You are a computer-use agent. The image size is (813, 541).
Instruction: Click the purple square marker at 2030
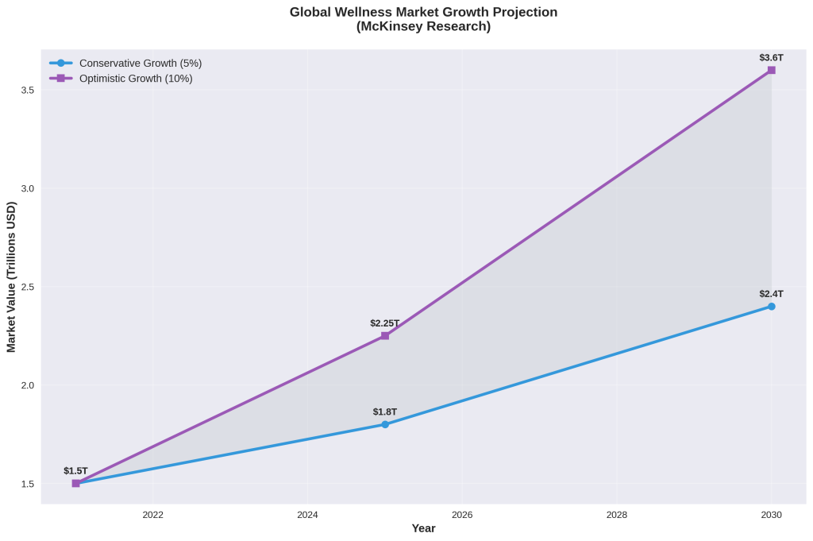771,70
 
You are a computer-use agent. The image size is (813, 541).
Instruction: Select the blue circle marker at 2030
771,306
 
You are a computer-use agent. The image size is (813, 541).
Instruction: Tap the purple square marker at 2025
385,335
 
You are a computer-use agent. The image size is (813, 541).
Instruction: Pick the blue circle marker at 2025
385,424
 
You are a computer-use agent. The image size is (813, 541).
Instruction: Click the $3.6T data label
771,57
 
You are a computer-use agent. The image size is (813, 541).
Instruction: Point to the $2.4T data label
771,294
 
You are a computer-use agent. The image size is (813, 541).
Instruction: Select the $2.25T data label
385,323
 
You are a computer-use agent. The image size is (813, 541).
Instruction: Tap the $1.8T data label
385,412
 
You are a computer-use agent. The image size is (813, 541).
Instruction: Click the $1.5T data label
75,471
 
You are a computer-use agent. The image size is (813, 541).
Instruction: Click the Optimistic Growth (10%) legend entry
136,79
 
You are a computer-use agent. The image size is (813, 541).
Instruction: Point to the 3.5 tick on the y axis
27,90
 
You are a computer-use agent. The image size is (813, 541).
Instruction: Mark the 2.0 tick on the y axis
27,385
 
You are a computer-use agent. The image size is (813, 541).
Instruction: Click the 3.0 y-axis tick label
27,188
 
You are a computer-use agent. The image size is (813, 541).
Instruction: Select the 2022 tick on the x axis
152,515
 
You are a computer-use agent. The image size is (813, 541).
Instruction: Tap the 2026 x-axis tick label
462,515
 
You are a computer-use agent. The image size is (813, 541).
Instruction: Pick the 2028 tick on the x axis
616,515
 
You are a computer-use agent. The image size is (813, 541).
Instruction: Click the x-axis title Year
424,529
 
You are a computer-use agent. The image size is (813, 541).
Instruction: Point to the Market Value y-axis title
11,276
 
